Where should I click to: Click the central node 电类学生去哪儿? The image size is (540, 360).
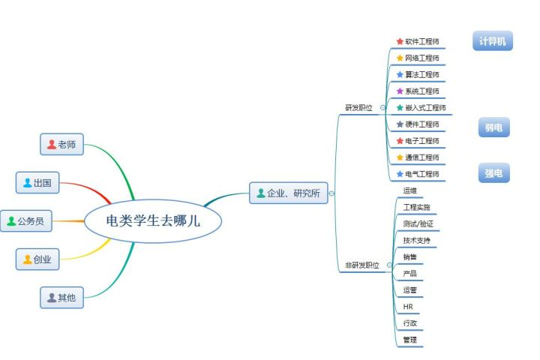click(153, 221)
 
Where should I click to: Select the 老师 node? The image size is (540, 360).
click(62, 145)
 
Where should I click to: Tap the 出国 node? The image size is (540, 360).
click(37, 182)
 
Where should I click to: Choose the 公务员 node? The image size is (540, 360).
click(26, 221)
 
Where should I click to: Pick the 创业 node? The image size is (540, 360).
click(37, 259)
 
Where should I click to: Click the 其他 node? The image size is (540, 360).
click(62, 298)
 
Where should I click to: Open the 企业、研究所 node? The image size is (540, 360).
click(289, 193)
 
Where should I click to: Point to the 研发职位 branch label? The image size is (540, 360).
click(358, 107)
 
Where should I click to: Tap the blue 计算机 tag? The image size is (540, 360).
click(493, 41)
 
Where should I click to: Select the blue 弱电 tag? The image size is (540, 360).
click(493, 127)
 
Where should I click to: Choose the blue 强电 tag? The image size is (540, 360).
click(493, 173)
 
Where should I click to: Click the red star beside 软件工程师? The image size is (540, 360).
click(400, 41)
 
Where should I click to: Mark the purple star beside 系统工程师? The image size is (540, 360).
click(400, 91)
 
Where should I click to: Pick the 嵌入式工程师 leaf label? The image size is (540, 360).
click(425, 108)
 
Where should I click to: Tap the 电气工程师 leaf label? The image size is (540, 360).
click(422, 174)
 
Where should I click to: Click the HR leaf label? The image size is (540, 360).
click(408, 307)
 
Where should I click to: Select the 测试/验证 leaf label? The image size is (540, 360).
click(418, 224)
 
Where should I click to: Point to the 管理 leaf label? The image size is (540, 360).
click(409, 340)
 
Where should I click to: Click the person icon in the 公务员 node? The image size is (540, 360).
click(11, 221)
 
